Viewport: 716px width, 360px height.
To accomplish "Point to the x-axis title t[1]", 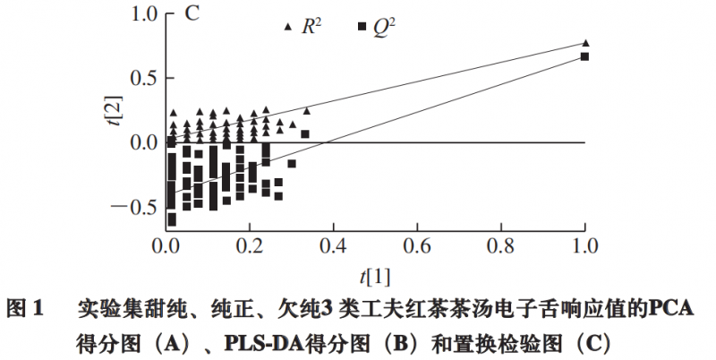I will coord(374,269).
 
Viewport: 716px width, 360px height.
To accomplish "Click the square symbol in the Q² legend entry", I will coord(362,28).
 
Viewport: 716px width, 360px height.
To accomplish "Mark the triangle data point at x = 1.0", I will coord(585,42).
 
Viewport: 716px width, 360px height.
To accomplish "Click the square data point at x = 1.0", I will coord(584,56).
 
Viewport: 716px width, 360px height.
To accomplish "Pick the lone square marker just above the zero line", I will coord(305,134).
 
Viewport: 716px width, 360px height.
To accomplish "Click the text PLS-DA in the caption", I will coord(258,343).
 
